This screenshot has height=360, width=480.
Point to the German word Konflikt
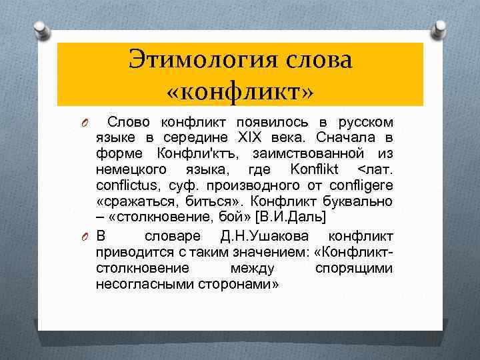point(313,169)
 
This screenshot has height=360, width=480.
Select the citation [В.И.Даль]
point(296,217)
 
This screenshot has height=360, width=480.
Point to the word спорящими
point(353,268)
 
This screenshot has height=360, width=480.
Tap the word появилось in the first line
point(255,122)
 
